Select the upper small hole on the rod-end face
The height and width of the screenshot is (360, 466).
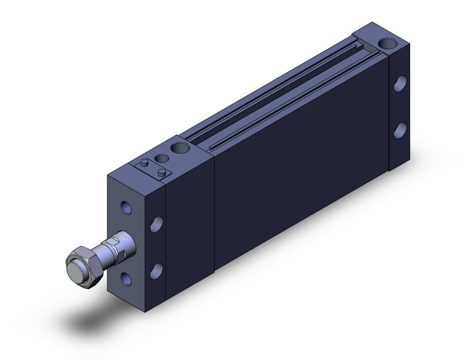tap(126, 207)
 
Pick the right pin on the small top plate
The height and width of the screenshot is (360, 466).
tap(161, 173)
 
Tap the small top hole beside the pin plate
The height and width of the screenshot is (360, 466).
tap(161, 158)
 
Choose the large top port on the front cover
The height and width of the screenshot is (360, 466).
tap(180, 148)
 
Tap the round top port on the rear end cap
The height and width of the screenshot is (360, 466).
tap(386, 44)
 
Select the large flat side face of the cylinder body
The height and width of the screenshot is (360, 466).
tap(300, 178)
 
